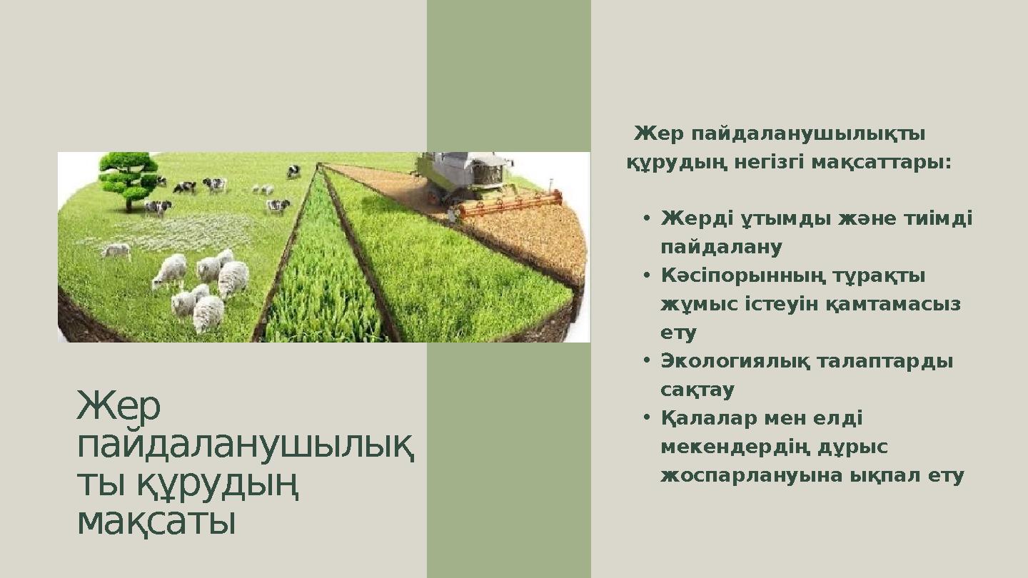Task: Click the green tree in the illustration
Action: click(128, 178)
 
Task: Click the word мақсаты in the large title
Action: click(156, 523)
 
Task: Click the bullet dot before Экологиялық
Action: click(645, 361)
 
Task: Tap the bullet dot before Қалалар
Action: click(645, 418)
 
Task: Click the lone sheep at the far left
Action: click(116, 250)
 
